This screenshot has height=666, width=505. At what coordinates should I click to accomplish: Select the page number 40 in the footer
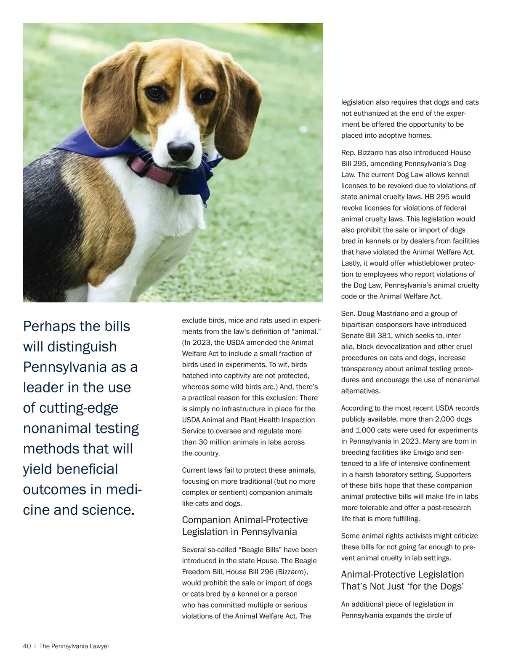click(27, 646)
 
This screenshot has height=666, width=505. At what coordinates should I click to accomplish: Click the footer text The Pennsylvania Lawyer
click(74, 646)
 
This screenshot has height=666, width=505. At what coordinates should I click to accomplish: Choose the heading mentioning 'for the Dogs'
click(402, 580)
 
